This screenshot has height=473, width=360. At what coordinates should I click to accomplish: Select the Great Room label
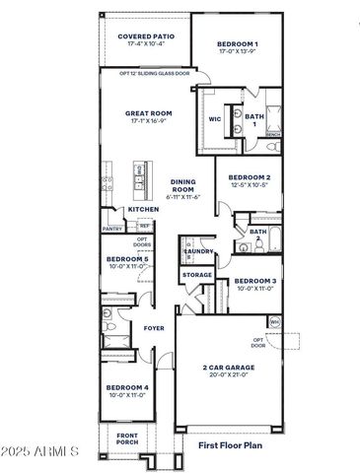click(149, 113)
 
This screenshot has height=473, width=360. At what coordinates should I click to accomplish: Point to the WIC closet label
click(214, 120)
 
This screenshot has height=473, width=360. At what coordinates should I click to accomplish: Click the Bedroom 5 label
click(126, 259)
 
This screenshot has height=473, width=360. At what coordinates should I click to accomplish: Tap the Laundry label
click(199, 252)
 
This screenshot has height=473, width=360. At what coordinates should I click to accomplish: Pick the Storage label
click(198, 275)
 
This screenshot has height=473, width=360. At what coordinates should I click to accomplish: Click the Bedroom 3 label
click(254, 281)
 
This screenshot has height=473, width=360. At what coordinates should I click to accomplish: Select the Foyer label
click(154, 328)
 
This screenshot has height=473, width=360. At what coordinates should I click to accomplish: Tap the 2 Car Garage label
click(228, 368)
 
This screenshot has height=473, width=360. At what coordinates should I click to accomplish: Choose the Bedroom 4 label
click(127, 388)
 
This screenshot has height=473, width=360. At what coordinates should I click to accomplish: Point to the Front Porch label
click(126, 439)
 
